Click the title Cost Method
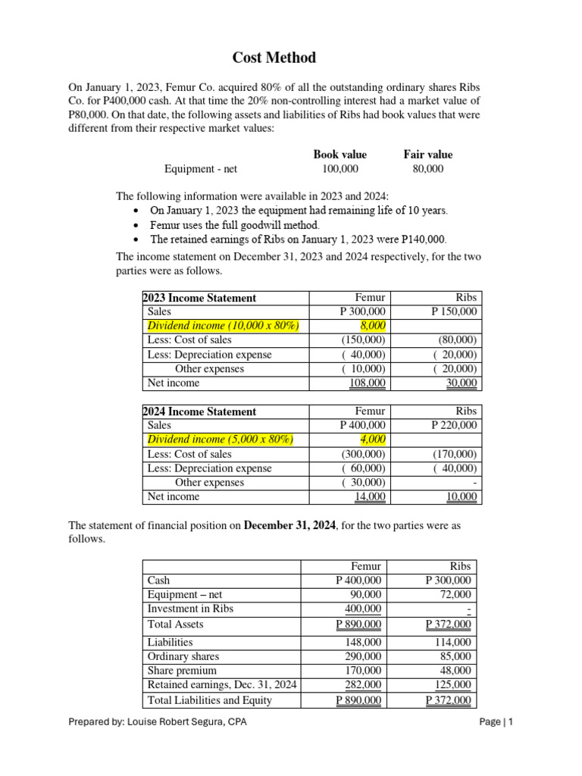coord(274,58)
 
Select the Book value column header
coord(340,155)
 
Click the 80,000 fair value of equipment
coord(428,169)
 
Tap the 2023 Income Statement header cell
coord(201,298)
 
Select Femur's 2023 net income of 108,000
coord(367,383)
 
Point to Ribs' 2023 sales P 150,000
coord(454,311)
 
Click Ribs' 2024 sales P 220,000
coord(454,425)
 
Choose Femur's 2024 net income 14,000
coord(370,497)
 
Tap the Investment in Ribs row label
coord(190,609)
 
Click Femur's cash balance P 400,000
coord(358,580)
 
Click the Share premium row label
coord(182,671)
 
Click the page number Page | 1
coord(496,722)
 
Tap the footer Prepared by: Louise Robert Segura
coord(158,722)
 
